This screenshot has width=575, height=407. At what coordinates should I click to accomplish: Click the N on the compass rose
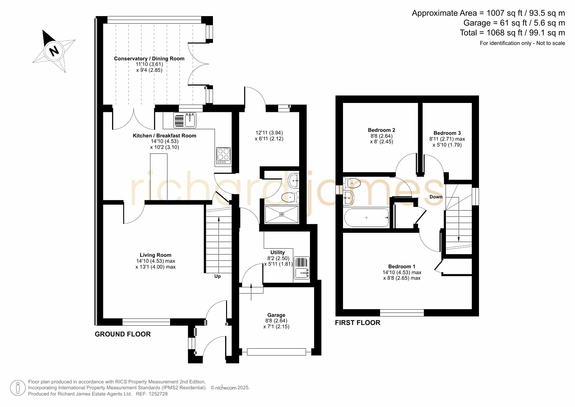[54, 51]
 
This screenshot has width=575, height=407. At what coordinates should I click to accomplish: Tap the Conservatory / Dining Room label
[149, 58]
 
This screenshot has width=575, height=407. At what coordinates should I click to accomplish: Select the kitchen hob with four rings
[223, 155]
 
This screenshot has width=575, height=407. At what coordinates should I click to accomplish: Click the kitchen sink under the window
[185, 120]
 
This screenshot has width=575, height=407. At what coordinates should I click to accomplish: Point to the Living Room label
[156, 255]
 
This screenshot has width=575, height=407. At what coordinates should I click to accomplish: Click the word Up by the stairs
[218, 276]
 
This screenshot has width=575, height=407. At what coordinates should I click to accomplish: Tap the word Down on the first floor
[436, 197]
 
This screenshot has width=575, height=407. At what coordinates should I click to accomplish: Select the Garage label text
[276, 315]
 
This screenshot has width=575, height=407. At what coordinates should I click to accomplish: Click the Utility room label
[278, 252]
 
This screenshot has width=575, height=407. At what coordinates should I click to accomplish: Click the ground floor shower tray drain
[282, 214]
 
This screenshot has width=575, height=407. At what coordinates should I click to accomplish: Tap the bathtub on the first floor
[366, 217]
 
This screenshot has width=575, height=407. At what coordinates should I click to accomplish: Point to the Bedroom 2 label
[381, 130]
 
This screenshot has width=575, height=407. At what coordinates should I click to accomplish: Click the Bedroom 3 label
[447, 133]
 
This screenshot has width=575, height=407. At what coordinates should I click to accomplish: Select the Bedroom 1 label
[402, 266]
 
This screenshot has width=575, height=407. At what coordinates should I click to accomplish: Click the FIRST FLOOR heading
[357, 323]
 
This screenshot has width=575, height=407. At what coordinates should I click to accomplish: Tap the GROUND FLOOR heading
[123, 334]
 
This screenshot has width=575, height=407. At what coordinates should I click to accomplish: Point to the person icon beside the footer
[18, 388]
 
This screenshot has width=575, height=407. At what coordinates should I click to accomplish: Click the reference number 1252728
[159, 394]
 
